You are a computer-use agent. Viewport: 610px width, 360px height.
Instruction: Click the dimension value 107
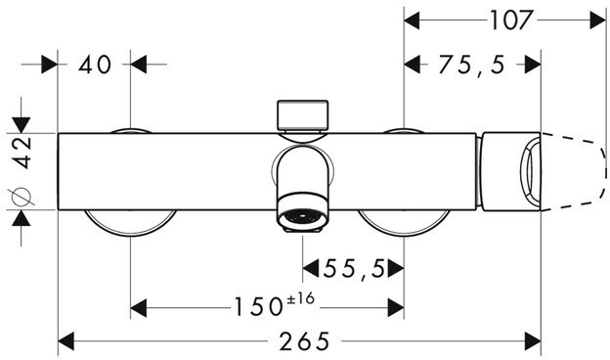[510, 21]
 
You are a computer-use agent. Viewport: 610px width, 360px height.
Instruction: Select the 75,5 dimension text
[471, 65]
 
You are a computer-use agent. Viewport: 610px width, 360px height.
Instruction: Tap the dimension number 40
[95, 65]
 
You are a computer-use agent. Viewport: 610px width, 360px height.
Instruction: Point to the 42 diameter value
[22, 153]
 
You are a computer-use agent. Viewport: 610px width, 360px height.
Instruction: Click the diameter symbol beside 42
[21, 197]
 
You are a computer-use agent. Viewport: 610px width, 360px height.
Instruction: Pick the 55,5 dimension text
[354, 269]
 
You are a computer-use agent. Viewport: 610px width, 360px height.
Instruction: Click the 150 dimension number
[257, 306]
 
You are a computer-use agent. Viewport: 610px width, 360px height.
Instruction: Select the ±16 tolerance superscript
[300, 299]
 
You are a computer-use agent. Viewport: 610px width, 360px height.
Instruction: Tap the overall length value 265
[304, 341]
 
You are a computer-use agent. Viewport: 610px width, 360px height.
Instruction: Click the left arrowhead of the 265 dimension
[66, 341]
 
